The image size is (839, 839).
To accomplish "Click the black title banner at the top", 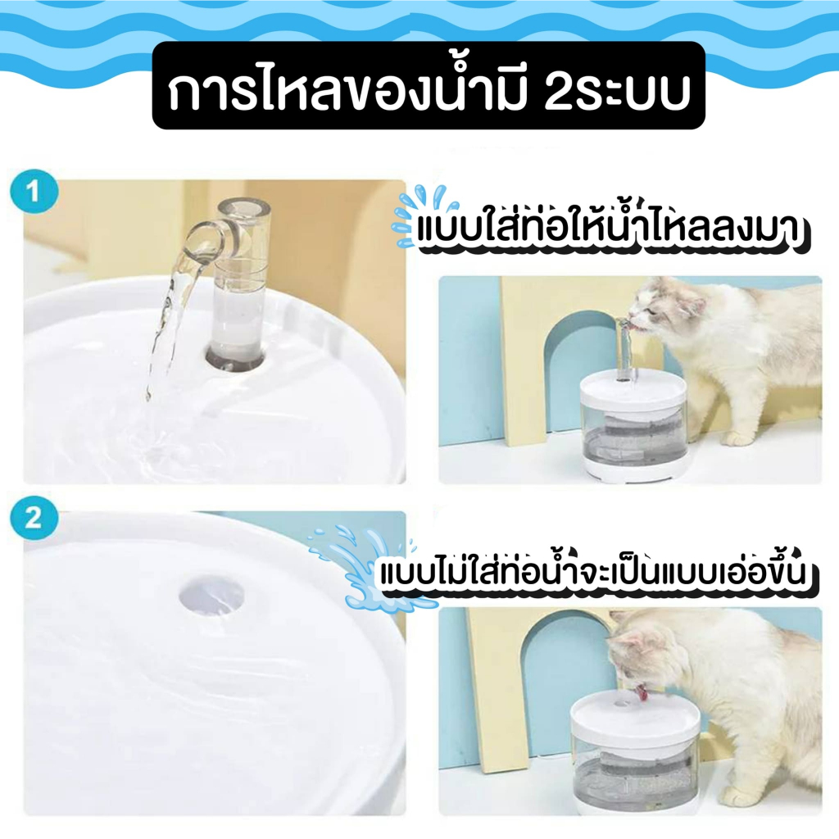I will pos(429,85).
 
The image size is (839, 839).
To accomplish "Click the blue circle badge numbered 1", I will pos(33,194).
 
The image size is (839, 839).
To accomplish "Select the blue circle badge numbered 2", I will pos(33,519).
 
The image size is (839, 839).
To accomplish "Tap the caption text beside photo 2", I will pos(598,573).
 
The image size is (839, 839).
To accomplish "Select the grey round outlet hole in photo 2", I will pos(211,594).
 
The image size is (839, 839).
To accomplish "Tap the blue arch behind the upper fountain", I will pos(574,369).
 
